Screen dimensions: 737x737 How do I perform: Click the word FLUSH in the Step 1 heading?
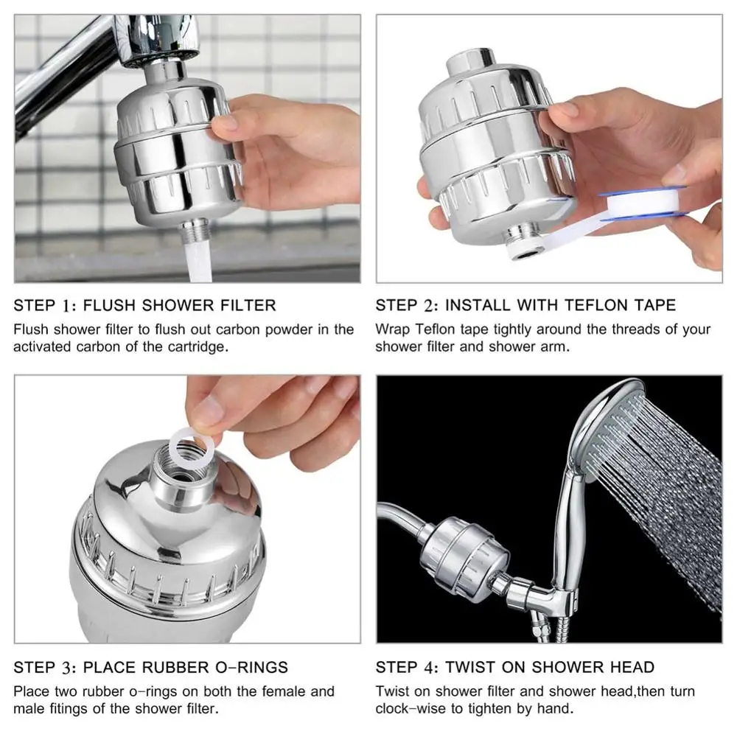(113, 305)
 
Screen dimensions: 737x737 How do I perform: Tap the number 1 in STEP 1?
(69, 305)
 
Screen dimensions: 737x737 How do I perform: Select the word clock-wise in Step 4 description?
(410, 709)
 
